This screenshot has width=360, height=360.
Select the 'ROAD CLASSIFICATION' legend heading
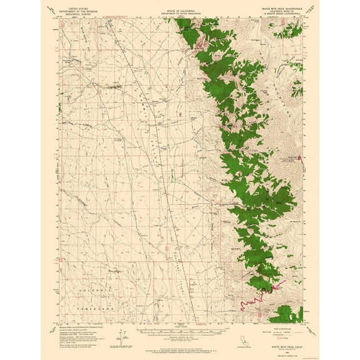[x=285, y=326]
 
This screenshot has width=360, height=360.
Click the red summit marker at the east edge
[x=302, y=157]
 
